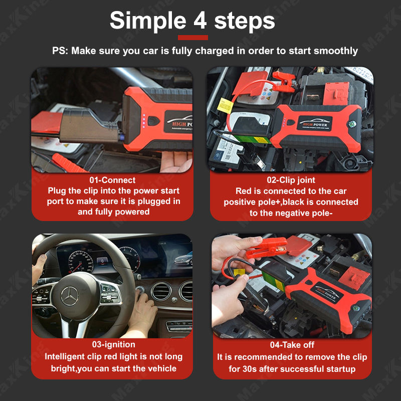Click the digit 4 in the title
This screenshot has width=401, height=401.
pos(200,21)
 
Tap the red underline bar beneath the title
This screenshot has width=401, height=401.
pos(193,38)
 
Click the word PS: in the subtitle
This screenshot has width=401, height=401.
pos(60,51)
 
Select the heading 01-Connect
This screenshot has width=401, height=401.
pos(112,180)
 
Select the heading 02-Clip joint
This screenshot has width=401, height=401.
pos(291,180)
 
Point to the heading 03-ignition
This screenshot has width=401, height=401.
pos(114,344)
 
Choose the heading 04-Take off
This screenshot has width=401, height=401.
pos(292,345)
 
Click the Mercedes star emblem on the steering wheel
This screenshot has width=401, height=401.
pos(70,296)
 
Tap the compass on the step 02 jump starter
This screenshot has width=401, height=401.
pos(352,124)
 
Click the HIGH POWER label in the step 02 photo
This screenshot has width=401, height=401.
pos(315,124)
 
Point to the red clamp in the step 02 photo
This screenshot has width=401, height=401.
pos(284,81)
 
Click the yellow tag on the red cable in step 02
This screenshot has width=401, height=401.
pos(225,106)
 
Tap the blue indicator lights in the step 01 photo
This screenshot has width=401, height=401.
pos(144,121)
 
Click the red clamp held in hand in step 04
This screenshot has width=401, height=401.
pos(267,248)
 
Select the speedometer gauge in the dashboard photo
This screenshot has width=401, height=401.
pos(81,261)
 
